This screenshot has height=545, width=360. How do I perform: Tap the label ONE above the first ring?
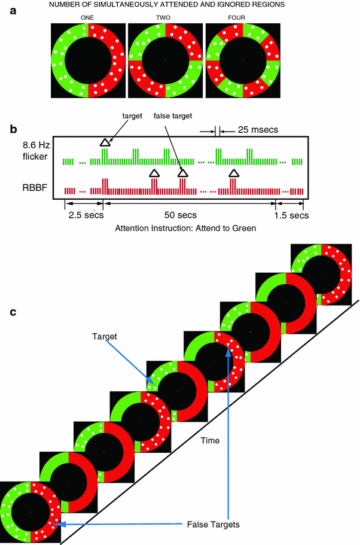pyautogui.click(x=88, y=17)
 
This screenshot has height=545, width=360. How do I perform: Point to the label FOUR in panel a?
pyautogui.click(x=243, y=17)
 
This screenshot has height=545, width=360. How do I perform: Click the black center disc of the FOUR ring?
pyautogui.click(x=243, y=60)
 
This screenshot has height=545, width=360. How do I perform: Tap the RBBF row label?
pyautogui.click(x=32, y=191)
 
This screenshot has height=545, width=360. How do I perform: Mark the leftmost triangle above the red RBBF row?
pyautogui.click(x=154, y=173)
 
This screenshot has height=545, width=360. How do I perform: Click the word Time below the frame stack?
pyautogui.click(x=210, y=441)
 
